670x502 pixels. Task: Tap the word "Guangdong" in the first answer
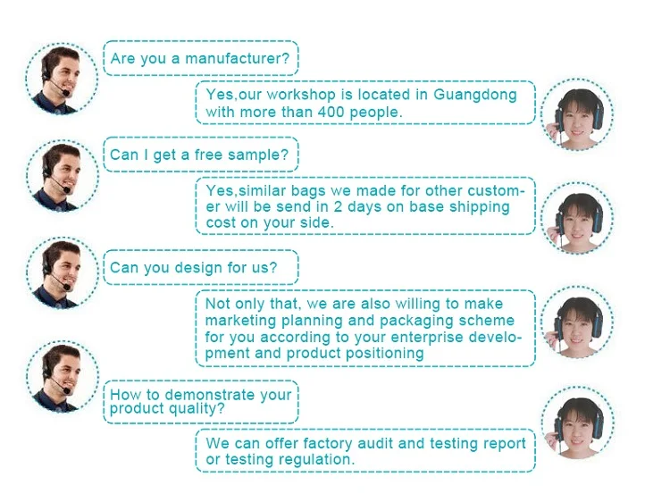coord(474,95)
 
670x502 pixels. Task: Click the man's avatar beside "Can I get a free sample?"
coord(62,173)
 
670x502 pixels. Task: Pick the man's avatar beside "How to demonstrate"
coord(62,374)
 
